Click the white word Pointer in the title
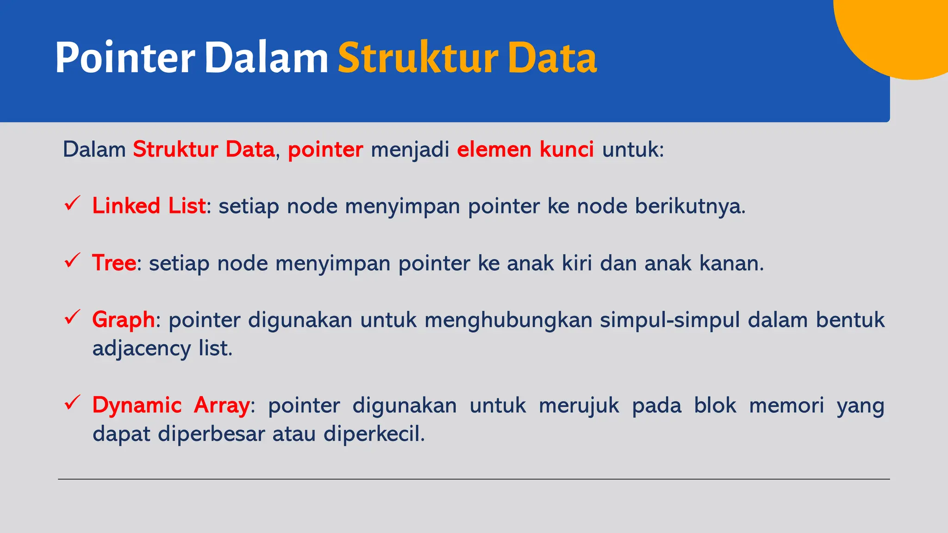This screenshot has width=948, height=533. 125,58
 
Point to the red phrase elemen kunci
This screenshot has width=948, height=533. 525,149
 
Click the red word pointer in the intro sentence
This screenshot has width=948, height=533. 325,149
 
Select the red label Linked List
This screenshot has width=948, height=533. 149,206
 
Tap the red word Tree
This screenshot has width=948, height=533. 114,263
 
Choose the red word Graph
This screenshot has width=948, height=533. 123,320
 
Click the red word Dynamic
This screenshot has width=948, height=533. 137,405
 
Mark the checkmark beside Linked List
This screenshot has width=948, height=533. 73,203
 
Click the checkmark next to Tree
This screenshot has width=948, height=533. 73,260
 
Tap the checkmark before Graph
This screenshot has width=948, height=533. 73,317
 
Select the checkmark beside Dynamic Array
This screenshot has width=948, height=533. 73,403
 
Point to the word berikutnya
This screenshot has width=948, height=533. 690,206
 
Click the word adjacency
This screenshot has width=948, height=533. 141,348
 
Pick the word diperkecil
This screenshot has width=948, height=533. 374,434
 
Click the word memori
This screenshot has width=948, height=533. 786,405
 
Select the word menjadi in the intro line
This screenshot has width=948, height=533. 410,149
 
